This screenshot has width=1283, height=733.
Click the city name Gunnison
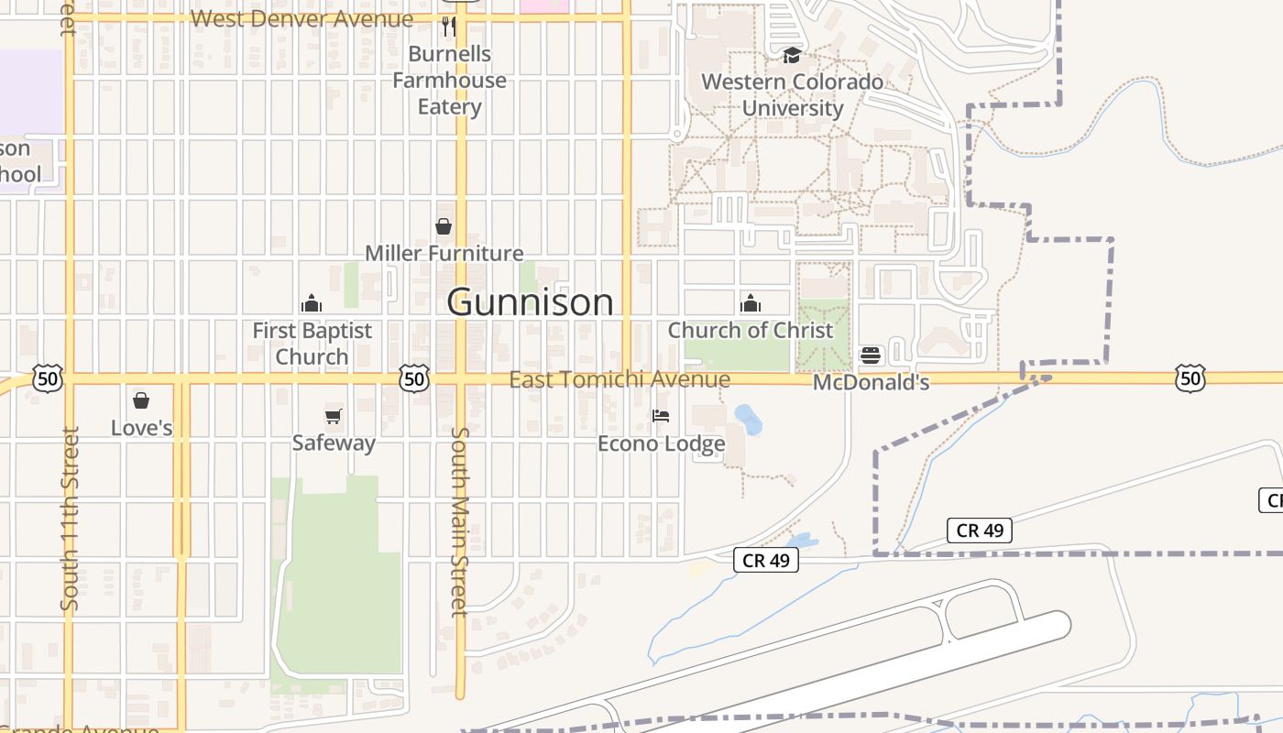point(530,302)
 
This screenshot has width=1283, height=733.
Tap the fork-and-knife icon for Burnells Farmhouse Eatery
point(448,26)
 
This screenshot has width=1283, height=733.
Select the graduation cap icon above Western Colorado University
point(792,56)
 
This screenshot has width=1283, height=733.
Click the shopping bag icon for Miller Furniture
point(444,225)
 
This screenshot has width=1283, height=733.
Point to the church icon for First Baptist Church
point(312,303)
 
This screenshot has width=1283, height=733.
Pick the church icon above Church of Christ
point(751,303)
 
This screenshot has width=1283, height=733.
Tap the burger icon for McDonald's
point(870,356)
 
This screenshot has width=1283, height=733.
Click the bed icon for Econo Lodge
point(661,416)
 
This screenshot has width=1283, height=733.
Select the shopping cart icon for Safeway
point(334,417)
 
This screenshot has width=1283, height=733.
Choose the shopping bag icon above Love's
point(141,400)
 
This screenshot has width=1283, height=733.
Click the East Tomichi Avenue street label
point(620,379)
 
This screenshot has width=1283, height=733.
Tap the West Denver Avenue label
point(302,18)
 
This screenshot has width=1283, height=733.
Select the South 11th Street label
point(70,519)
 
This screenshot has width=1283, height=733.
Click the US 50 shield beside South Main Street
point(414,378)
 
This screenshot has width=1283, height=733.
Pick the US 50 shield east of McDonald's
point(1190,378)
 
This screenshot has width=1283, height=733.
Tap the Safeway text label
point(334,443)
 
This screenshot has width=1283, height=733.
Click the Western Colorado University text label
point(793,95)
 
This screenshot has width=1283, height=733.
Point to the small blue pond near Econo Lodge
point(749,420)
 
